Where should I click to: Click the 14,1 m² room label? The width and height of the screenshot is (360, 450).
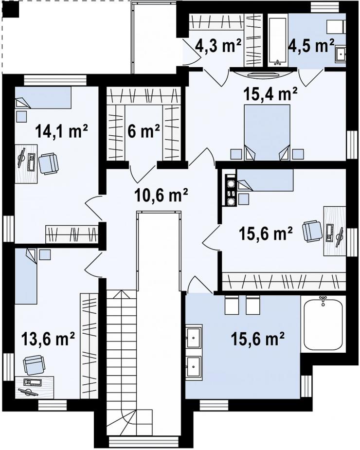[x=61, y=131]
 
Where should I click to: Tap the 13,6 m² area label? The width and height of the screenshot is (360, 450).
[x=48, y=339]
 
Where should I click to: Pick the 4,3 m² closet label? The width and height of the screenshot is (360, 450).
[x=218, y=45]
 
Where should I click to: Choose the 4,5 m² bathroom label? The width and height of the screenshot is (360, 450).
[x=311, y=45]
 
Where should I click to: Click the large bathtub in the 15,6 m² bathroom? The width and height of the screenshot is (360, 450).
[x=323, y=323]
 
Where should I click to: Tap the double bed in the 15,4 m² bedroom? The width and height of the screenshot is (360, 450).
[x=267, y=132]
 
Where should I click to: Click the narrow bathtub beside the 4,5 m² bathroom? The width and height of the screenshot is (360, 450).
[x=278, y=41]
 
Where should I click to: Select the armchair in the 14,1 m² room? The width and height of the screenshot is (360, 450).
[x=48, y=163]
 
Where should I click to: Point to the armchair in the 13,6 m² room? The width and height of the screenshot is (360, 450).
[x=34, y=365]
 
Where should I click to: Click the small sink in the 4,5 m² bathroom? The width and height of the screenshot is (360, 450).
[x=341, y=54]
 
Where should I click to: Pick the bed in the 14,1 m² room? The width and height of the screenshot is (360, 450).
[x=43, y=98]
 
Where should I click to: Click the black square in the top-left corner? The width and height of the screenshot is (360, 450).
[x=13, y=10]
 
